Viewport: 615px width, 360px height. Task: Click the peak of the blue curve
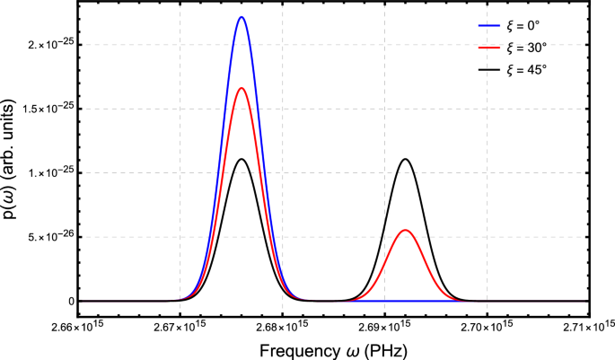point(242,17)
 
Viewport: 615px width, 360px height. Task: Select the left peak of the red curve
point(242,88)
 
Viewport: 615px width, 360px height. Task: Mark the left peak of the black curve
point(242,160)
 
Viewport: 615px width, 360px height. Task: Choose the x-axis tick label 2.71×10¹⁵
point(587,323)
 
